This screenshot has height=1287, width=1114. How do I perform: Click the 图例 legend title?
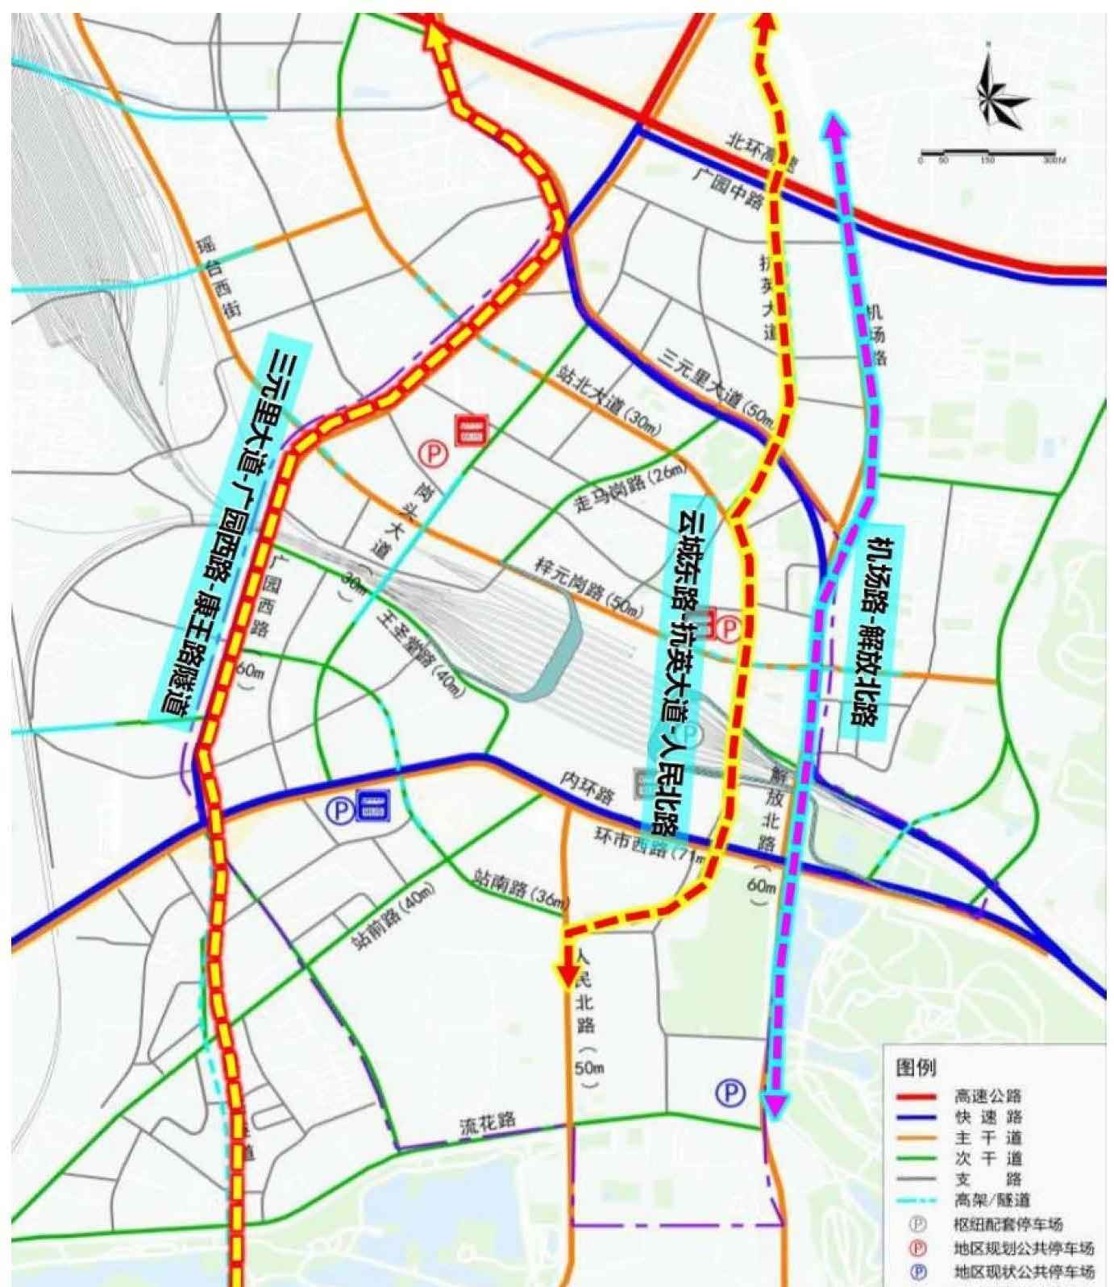click(x=917, y=1069)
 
